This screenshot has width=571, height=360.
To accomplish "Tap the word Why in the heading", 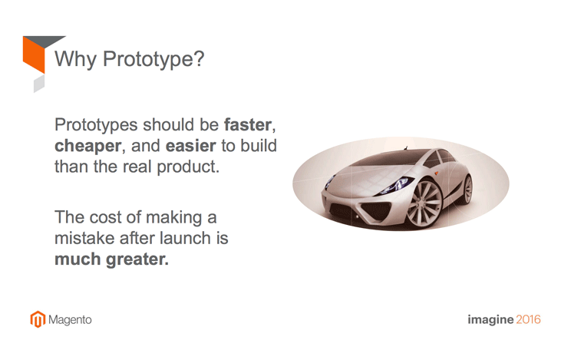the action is click(75, 59).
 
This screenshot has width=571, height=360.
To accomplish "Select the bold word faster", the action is click(248, 125).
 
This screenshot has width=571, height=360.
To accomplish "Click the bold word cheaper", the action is click(87, 146).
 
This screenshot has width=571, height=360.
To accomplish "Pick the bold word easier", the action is click(191, 146).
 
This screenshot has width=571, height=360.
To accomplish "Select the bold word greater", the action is click(137, 259).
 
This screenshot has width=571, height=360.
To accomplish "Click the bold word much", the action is click(78, 259).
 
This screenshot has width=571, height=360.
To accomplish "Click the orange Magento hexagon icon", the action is click(38, 319).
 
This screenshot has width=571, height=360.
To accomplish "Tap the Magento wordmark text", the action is click(70, 320).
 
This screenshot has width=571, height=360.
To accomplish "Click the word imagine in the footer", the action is click(490, 320).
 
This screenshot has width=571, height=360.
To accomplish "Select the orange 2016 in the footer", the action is click(528, 319).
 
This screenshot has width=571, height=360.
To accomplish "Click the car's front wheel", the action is click(424, 203).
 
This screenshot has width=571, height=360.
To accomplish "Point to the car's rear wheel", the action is click(467, 190).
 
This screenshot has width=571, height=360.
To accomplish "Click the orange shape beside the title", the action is click(34, 54).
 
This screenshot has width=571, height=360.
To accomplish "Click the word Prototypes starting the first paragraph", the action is click(96, 125).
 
